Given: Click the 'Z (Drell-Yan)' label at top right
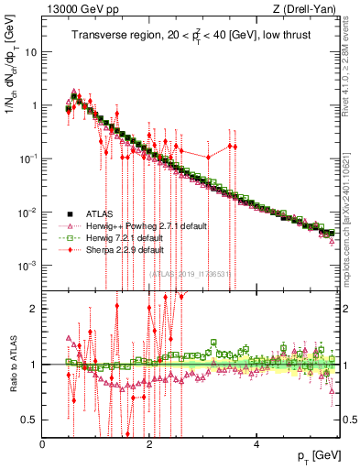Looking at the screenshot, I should pos(311,9).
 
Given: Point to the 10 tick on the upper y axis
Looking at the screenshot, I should pos(31,52).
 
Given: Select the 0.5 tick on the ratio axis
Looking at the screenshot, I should pos(29,420).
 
